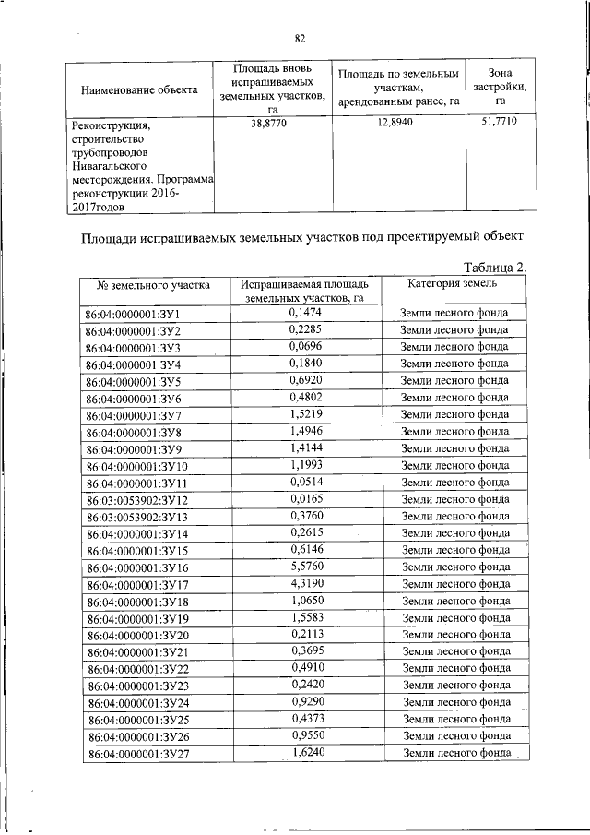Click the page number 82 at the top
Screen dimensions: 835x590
[x=300, y=38]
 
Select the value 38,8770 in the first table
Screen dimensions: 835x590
[x=269, y=123]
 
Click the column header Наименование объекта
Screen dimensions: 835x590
[x=140, y=89]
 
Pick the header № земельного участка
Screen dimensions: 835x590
[x=147, y=285]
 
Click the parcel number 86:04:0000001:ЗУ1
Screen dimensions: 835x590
[x=131, y=315]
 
